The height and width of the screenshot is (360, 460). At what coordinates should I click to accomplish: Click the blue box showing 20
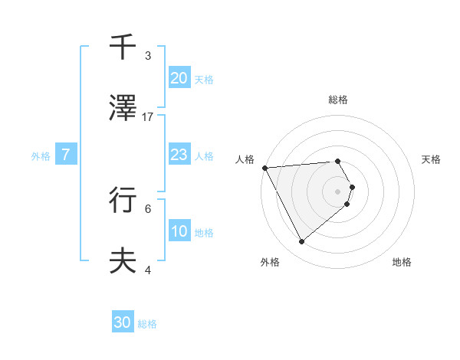179,78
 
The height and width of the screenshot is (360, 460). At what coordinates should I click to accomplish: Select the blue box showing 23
179,155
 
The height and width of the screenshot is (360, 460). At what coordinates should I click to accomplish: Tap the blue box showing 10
179,232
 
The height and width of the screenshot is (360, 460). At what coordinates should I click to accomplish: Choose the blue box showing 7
66,155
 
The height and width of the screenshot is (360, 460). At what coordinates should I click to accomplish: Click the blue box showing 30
123,322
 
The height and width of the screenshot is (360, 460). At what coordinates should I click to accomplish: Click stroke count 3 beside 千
148,55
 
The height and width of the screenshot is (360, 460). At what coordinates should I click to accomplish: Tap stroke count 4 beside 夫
148,270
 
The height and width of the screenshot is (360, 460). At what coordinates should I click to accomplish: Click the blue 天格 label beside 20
204,79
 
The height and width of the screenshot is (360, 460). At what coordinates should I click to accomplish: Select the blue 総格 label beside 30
147,323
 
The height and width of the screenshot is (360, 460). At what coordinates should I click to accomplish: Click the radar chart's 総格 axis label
337,100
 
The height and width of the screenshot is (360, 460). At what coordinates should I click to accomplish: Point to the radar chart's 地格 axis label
402,262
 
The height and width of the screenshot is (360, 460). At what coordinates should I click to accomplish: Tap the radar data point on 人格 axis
264,167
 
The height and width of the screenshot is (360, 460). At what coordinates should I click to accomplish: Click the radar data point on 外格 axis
301,241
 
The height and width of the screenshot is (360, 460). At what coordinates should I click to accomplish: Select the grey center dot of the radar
337,191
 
